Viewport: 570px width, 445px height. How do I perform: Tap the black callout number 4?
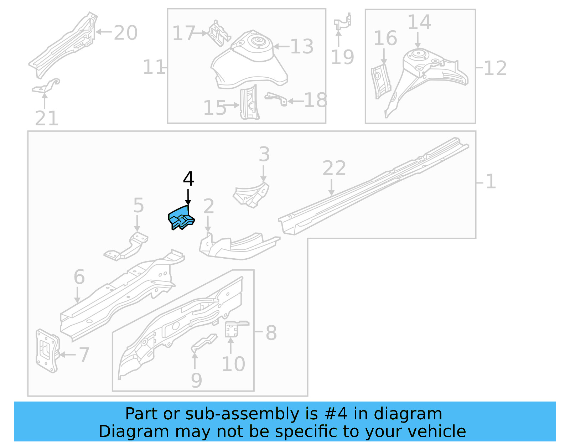(x=188, y=179)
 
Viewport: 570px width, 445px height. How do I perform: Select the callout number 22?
(x=334, y=168)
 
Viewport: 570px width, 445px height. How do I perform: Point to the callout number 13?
(x=302, y=47)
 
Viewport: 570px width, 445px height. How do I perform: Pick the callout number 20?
(x=125, y=33)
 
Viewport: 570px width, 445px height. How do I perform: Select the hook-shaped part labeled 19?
(x=343, y=22)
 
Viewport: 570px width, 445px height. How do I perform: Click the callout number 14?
(x=419, y=22)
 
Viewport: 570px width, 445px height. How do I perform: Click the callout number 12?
(x=495, y=68)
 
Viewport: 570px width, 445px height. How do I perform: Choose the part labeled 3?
(x=252, y=194)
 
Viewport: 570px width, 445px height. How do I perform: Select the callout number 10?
(x=233, y=364)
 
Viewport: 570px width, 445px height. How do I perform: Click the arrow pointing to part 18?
(x=295, y=101)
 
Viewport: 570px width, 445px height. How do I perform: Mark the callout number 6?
(x=79, y=277)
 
